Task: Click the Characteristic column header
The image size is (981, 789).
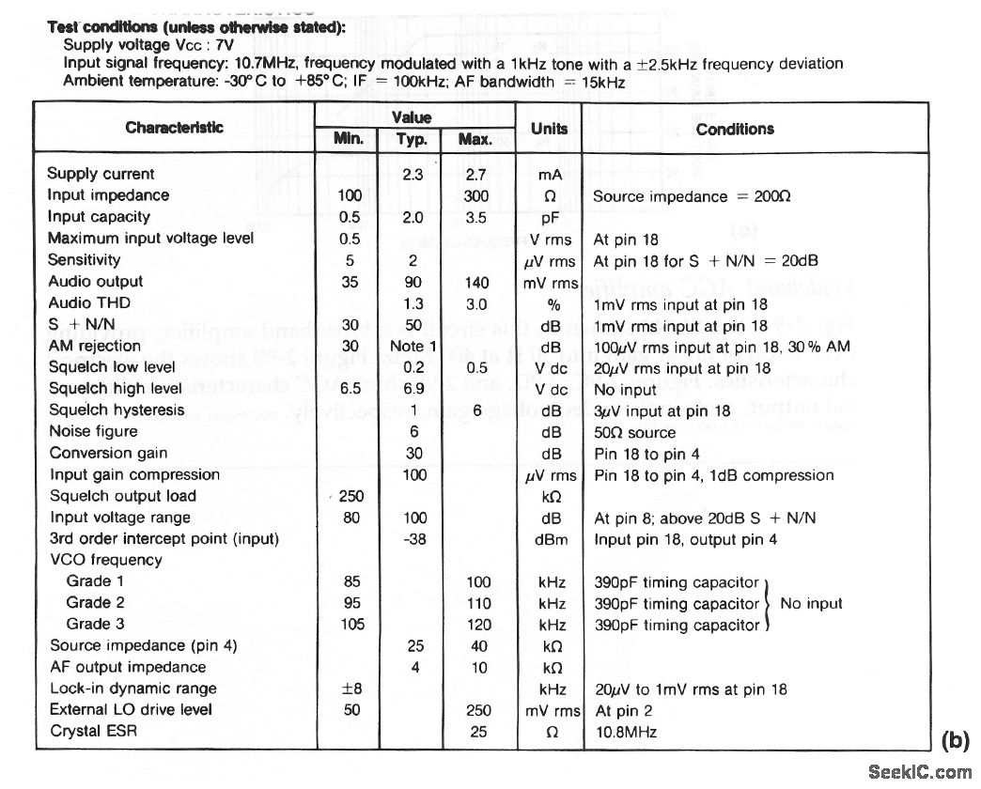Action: [x=175, y=128]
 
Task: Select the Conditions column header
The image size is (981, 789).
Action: [x=735, y=130]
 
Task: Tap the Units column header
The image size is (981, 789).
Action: [x=550, y=129]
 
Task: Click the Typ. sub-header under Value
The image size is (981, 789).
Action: [x=413, y=140]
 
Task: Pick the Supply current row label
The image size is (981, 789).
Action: [x=101, y=174]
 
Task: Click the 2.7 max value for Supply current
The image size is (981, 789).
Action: [x=478, y=175]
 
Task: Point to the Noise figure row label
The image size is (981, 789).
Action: [x=94, y=431]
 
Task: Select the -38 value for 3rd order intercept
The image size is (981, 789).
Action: [x=413, y=539]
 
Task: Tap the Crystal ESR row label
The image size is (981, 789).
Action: [x=94, y=731]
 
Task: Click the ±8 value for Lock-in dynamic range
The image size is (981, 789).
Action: [x=352, y=688]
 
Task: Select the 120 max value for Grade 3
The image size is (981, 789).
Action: [x=478, y=625]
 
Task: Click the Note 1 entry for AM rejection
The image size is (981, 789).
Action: [x=413, y=346]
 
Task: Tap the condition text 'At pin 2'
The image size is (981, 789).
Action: [x=622, y=710]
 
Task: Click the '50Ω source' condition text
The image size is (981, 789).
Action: [x=634, y=432]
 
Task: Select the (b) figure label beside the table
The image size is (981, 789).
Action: [x=955, y=739]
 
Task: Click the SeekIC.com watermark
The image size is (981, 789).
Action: [x=921, y=772]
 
